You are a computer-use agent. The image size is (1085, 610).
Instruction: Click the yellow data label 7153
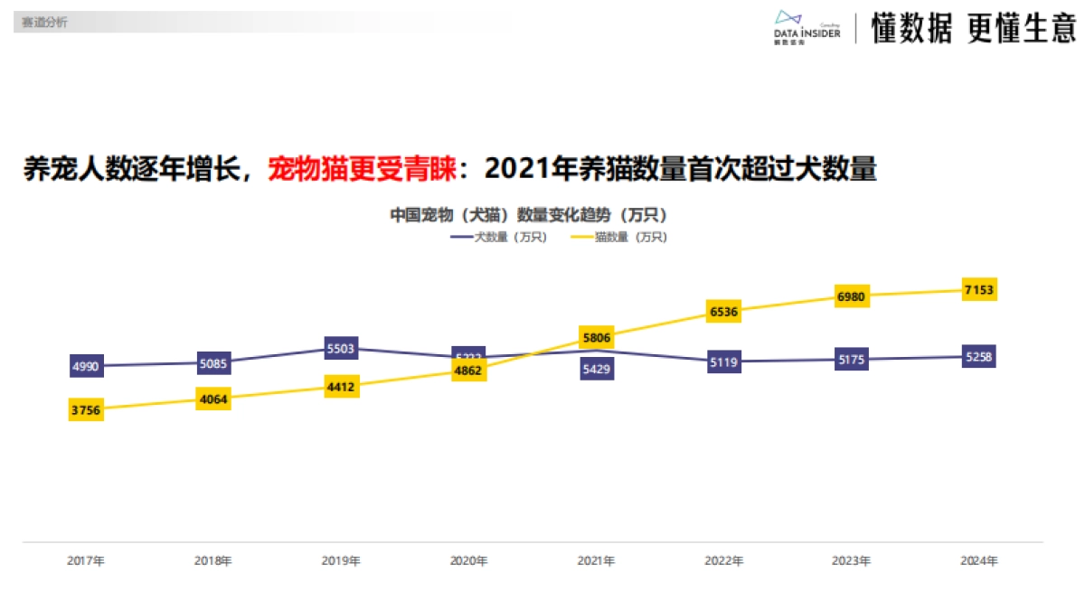[x=979, y=290]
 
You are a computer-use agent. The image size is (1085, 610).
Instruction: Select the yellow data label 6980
[x=851, y=296]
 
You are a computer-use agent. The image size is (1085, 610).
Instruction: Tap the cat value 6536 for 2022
[x=724, y=312]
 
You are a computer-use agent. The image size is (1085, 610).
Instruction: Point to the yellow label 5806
[x=597, y=337]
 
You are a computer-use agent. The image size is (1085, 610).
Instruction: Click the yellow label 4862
[x=468, y=371]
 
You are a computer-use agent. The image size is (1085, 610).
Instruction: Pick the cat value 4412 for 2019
[x=341, y=387]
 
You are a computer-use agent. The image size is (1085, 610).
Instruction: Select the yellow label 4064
[x=213, y=399]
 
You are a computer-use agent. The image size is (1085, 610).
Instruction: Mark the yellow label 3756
[x=85, y=410]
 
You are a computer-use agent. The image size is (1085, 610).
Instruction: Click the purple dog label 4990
[x=85, y=366]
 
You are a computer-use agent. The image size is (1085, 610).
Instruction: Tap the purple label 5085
[x=213, y=363]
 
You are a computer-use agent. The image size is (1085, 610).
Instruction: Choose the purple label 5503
[x=341, y=348]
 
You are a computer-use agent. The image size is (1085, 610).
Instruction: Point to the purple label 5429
[x=597, y=369]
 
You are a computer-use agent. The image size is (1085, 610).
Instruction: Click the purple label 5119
[x=724, y=362]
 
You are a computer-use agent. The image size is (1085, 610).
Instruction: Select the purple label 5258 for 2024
[x=979, y=357]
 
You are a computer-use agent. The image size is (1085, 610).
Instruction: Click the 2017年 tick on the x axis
[x=85, y=560]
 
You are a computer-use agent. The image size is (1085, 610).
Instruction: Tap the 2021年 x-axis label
[x=596, y=560]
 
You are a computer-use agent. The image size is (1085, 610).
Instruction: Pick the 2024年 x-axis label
[x=979, y=560]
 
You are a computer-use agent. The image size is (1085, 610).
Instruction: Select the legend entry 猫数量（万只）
[x=619, y=237]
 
